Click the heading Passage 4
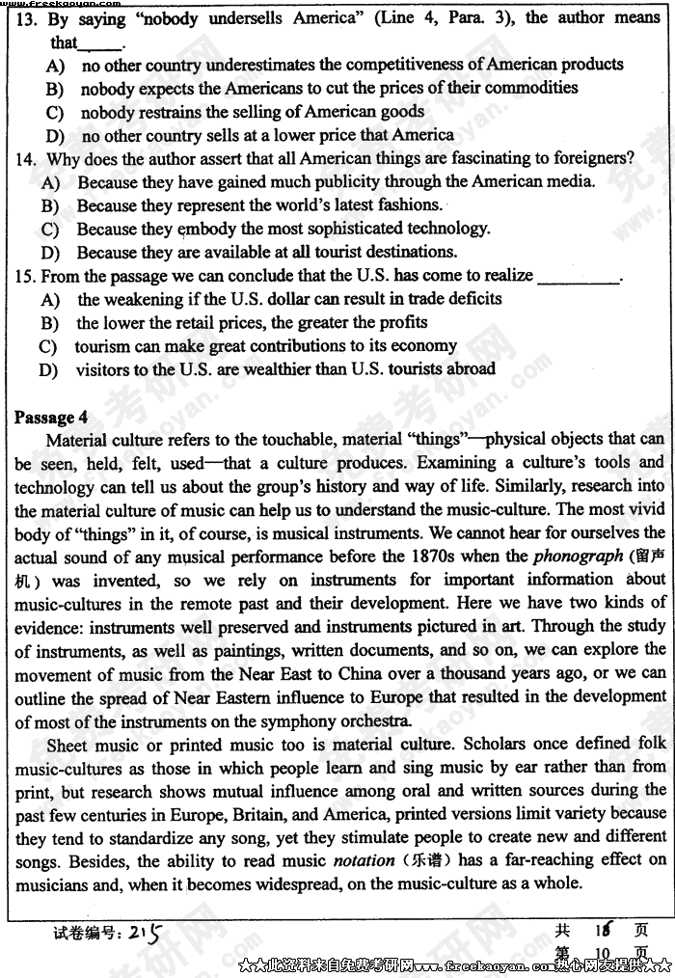pos(51,417)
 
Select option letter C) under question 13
pos(54,112)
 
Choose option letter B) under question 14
pos(50,205)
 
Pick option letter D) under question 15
pos(48,369)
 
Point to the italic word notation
pos(364,859)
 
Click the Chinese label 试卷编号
pos(85,933)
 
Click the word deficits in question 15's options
pos(472,299)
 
